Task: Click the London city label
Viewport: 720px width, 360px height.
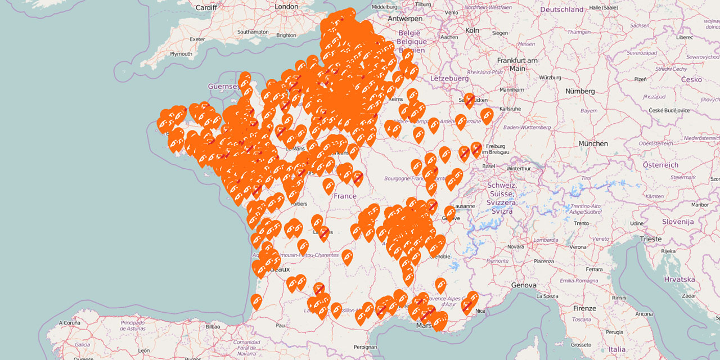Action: (x=286, y=7)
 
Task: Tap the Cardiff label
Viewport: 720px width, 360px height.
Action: (x=206, y=7)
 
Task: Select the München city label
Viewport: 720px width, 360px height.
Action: (x=593, y=143)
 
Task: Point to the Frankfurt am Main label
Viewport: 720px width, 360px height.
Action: (x=517, y=64)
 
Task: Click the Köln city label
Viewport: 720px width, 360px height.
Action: (x=472, y=30)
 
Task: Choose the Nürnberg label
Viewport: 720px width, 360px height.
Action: (x=580, y=91)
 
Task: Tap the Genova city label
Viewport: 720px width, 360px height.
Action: (x=523, y=285)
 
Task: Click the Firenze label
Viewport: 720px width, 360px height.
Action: (x=584, y=308)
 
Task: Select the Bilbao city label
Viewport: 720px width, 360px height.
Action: (x=213, y=326)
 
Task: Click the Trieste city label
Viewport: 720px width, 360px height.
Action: (x=651, y=239)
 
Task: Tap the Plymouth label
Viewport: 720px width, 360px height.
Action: (x=181, y=54)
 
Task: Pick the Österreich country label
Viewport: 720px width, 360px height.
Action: (x=660, y=165)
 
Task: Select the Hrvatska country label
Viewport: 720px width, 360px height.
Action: (x=679, y=279)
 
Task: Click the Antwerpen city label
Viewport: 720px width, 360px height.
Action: (x=404, y=19)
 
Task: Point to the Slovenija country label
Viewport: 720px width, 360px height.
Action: (x=677, y=222)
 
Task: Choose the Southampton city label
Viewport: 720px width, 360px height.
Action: (x=253, y=32)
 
